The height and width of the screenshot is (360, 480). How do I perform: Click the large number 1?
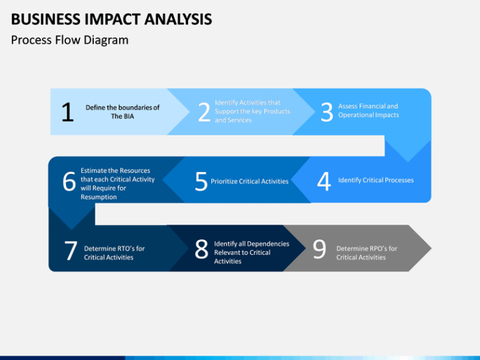pos(67,112)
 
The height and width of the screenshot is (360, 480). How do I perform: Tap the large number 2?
pos(204,112)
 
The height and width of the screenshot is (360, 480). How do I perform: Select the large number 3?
pos(326,112)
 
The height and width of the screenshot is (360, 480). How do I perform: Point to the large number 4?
pos(324,181)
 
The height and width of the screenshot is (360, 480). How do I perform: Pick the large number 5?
pos(201,181)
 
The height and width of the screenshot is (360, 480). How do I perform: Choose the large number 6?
pos(69,181)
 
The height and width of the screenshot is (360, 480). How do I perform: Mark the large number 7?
pos(71,251)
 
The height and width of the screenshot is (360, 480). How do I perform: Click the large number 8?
pos(201,249)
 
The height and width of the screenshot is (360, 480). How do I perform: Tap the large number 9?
pos(319,249)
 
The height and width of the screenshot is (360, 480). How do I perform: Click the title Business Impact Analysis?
pos(112,19)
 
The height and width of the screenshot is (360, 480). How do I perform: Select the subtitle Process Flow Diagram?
pos(69,40)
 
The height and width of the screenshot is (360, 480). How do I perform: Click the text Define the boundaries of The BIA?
pos(122,112)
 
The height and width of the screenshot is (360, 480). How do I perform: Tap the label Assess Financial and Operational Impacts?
pos(368,110)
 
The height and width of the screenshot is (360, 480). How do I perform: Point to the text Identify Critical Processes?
pos(376,180)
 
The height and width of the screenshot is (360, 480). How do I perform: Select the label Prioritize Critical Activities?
pos(250,181)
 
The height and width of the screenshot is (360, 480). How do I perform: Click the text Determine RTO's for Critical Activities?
pos(114,253)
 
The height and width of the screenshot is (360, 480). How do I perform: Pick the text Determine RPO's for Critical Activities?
pos(367,253)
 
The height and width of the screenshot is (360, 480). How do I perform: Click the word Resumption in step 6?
pos(98,196)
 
